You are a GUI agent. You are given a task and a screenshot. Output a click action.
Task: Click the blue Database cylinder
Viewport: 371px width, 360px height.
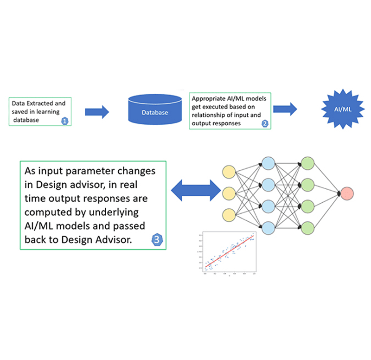point(155,110)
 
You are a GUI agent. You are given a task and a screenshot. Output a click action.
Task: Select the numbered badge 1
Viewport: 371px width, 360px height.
point(65,121)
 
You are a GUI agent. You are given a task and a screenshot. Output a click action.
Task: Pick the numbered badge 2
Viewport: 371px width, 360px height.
point(265,123)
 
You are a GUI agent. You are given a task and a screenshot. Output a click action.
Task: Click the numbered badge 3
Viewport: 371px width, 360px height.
point(157,239)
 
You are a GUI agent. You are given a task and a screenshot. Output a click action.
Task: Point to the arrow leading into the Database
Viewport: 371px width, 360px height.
point(96,111)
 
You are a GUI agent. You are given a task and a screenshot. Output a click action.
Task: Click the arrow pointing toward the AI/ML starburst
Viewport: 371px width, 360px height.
point(285,109)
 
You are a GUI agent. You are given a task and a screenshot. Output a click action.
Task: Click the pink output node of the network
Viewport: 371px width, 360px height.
point(346,193)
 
